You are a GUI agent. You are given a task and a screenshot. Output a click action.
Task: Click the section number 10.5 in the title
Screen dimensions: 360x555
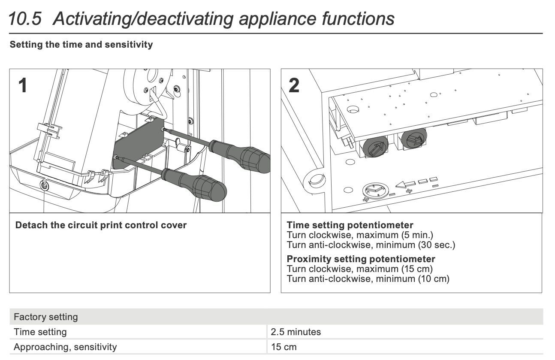tap(24, 19)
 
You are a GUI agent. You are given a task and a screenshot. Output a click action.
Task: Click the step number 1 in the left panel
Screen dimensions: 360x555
tap(23, 85)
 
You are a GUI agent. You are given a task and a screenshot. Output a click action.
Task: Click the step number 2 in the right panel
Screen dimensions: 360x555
tap(294, 85)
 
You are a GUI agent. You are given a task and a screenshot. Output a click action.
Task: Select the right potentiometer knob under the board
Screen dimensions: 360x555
tap(413, 138)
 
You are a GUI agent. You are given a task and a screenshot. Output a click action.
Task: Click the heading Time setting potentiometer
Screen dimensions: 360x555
tap(350, 225)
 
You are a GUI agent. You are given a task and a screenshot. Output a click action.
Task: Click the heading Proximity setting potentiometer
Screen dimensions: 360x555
tap(361, 259)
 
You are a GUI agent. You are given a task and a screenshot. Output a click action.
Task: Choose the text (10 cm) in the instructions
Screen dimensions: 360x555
tap(433, 279)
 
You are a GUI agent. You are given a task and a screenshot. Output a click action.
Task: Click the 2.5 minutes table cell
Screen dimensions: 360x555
tap(296, 332)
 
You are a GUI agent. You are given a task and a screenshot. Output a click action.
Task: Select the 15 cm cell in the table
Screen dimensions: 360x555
tap(284, 347)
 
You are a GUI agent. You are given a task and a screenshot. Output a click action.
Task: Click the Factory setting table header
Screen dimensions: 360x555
tap(46, 317)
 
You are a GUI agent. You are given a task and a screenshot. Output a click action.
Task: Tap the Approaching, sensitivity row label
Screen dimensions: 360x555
tap(65, 347)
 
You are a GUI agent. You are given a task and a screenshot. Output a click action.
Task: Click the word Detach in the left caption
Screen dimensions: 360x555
tap(31, 225)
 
